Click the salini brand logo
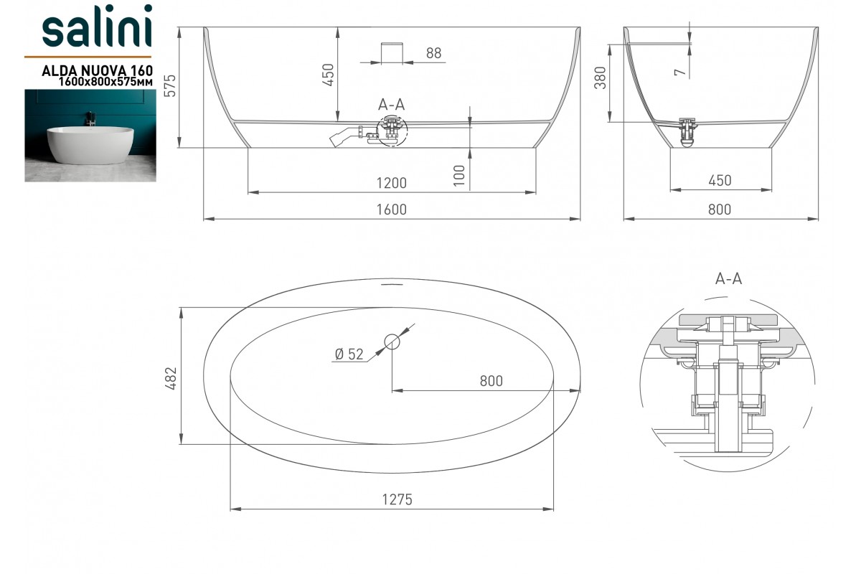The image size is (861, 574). pos(97,26)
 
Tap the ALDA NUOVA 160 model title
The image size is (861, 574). pos(98,71)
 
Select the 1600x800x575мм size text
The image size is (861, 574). pos(105,82)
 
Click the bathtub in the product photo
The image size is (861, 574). pos(90,144)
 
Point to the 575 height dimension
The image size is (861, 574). pos(170,85)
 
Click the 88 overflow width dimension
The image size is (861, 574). pos(433,53)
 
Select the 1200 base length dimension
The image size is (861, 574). pos(391,183)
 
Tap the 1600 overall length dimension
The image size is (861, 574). pos(391,210)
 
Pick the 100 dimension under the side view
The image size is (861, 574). pos(459,176)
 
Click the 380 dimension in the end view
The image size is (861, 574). pos(600,77)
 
